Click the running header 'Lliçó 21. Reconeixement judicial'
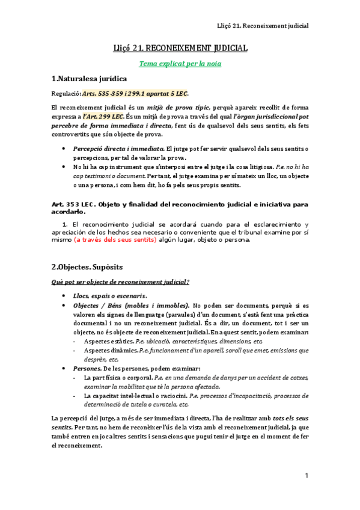tap(263, 26)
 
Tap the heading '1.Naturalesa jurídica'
tap(89, 79)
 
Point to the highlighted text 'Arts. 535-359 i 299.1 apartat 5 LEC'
tap(135, 93)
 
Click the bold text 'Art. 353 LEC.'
tap(74, 204)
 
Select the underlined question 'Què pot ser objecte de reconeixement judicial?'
tap(121, 281)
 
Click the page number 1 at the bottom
tap(307, 476)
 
